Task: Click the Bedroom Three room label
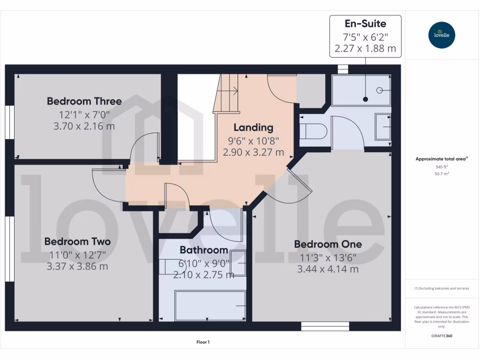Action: point(84,101)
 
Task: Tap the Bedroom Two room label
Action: point(77,241)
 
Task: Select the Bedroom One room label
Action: point(328,244)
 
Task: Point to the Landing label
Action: point(253,127)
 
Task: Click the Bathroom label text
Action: point(203,250)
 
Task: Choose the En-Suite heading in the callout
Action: point(366,23)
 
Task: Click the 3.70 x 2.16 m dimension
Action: point(84,126)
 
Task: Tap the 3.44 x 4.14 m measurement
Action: point(328,269)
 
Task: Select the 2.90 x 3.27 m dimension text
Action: point(253,152)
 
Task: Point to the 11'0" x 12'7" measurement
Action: point(77,255)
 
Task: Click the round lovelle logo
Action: point(442,35)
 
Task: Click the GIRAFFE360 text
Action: point(442,336)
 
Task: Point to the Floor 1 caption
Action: point(203,342)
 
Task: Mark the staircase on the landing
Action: point(227,94)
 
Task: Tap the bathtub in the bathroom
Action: point(210,305)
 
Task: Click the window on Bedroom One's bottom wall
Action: point(325,326)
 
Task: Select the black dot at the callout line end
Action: point(365,99)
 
